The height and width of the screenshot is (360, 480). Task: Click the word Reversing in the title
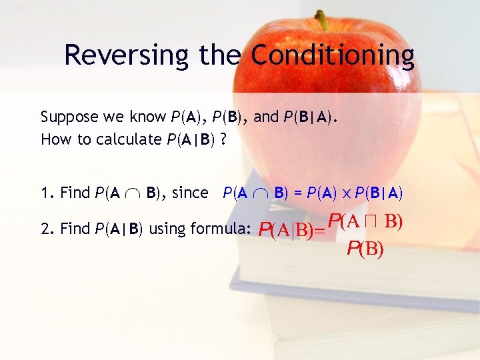126,55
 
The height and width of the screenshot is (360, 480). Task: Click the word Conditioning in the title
333,55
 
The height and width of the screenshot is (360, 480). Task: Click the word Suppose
69,117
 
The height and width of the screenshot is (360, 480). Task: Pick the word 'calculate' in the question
124,139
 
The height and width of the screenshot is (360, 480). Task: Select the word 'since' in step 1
190,193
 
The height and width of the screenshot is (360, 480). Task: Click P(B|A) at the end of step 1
379,193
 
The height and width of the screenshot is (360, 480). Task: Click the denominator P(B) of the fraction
365,249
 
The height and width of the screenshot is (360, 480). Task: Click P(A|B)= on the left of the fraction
291,231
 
